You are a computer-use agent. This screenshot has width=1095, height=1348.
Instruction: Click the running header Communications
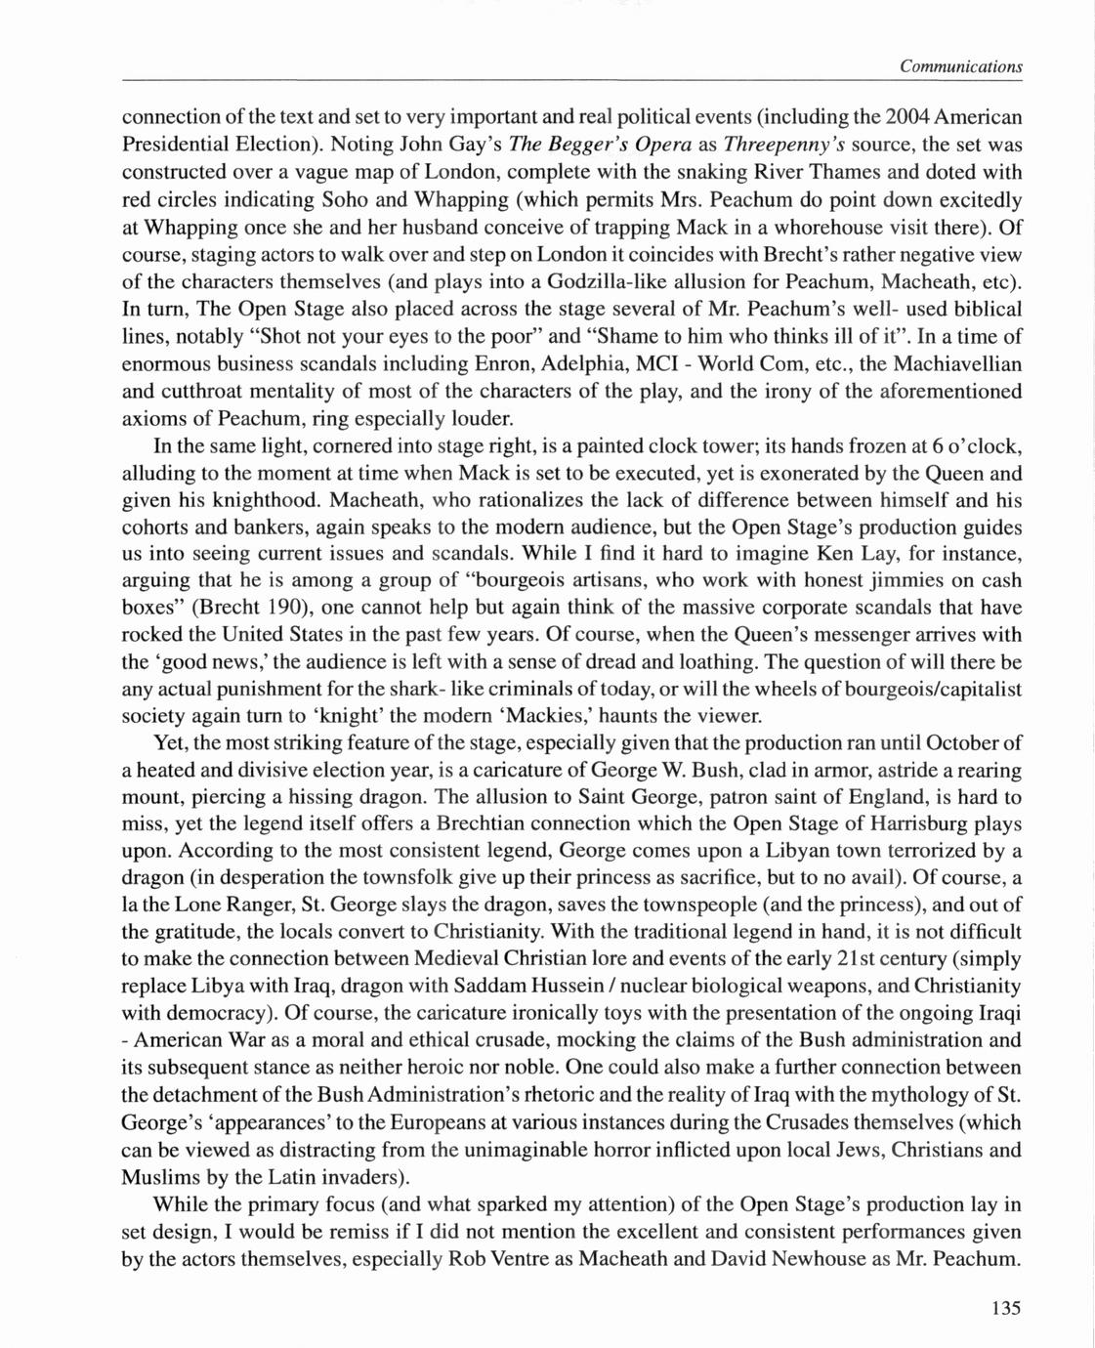[961, 66]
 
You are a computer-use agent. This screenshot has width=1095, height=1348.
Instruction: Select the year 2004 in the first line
[907, 117]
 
